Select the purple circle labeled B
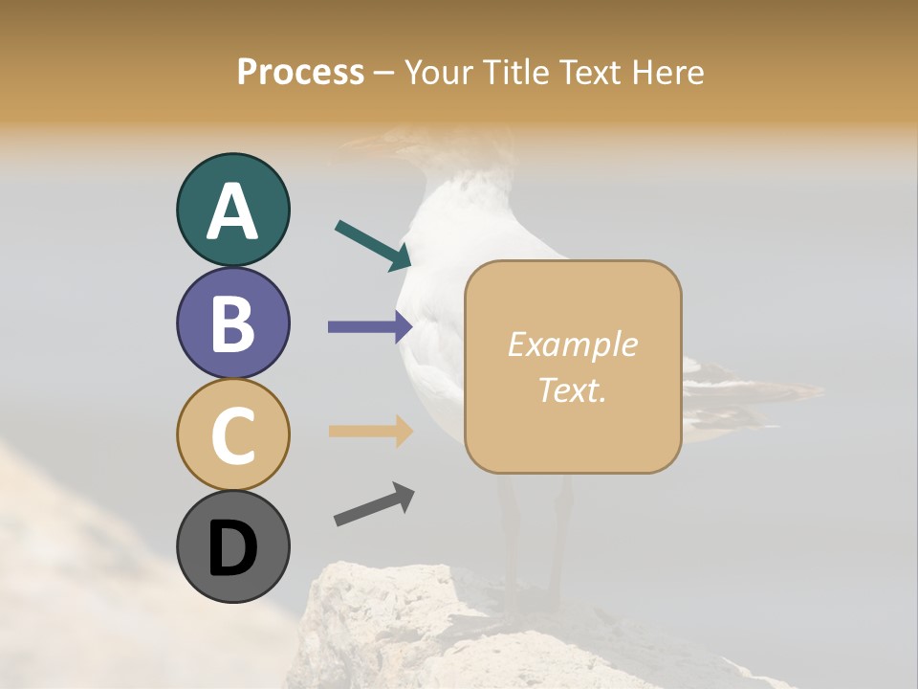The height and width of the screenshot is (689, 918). [x=232, y=322]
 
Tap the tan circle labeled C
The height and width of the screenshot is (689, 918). [x=232, y=434]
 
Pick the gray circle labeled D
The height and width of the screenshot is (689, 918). [x=232, y=546]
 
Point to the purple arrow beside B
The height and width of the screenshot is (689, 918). [x=370, y=327]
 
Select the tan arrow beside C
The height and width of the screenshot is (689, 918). [x=370, y=431]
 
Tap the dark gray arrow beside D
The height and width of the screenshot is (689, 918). [x=374, y=504]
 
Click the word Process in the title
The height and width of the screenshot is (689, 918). [x=300, y=72]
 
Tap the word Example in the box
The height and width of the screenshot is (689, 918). [x=572, y=344]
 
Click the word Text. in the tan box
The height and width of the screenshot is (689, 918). [x=572, y=389]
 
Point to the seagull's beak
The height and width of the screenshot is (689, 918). [x=359, y=145]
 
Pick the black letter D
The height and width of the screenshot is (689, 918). [x=232, y=548]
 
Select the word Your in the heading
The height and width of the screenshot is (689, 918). [x=435, y=72]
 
